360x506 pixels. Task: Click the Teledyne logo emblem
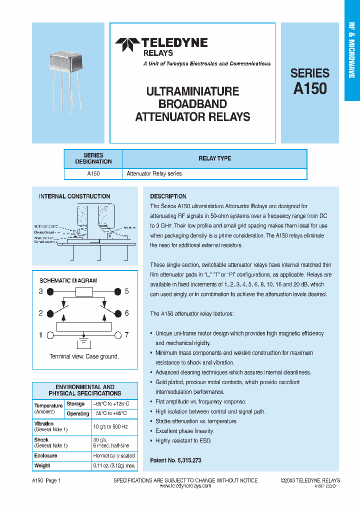(x=127, y=44)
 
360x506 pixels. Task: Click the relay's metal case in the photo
(x=72, y=62)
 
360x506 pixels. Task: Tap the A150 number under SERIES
(x=310, y=89)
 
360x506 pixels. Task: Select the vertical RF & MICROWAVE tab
(x=351, y=50)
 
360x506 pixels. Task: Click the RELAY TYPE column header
(x=214, y=158)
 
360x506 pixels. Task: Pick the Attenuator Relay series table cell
(x=154, y=173)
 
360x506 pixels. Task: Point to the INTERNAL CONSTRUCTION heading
(x=74, y=196)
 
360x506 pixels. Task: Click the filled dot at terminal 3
(x=49, y=291)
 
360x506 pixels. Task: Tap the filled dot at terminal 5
(x=117, y=291)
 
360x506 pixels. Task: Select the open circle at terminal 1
(x=49, y=335)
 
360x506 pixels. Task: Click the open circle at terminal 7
(x=117, y=335)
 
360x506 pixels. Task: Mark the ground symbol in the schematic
(x=83, y=344)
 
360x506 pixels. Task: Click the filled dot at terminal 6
(x=117, y=313)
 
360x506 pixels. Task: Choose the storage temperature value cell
(x=111, y=403)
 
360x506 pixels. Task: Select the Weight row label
(x=42, y=465)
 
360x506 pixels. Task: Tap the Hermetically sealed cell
(x=114, y=456)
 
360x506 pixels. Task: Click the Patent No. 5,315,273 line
(x=175, y=460)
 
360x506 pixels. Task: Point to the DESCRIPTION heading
(x=168, y=196)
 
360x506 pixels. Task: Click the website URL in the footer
(x=185, y=486)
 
